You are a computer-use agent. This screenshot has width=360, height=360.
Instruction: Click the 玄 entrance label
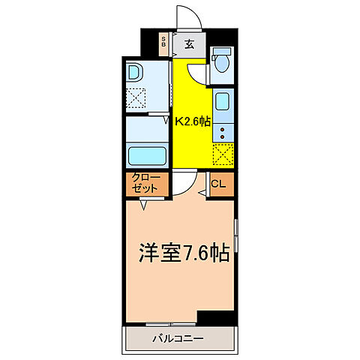click(189, 43)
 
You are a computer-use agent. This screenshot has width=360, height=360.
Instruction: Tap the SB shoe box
click(164, 43)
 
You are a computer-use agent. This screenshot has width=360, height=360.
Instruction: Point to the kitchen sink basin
click(223, 101)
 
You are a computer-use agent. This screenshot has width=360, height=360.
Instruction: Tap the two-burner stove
click(223, 133)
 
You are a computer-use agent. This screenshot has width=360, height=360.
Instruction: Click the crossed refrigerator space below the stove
click(223, 154)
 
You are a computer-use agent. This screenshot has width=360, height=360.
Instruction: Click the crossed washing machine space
click(136, 98)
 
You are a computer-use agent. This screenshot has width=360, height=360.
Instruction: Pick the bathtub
click(148, 157)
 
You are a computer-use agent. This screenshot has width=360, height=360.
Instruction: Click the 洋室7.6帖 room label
click(181, 253)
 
